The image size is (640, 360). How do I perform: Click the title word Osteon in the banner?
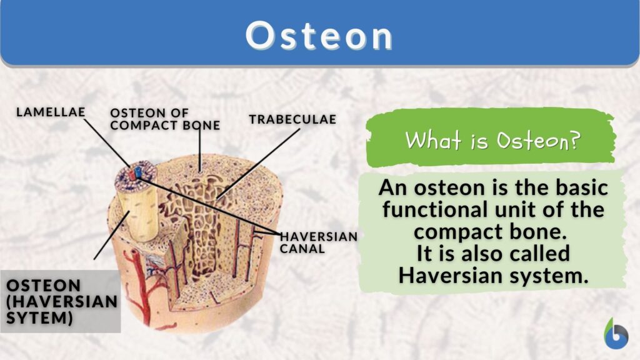pyautogui.click(x=319, y=36)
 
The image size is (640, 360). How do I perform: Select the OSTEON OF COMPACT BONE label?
pyautogui.click(x=164, y=119)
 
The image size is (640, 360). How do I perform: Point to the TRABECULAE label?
pyautogui.click(x=292, y=119)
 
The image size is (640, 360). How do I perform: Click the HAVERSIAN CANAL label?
pyautogui.click(x=319, y=242)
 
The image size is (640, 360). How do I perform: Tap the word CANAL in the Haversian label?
pyautogui.click(x=302, y=249)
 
